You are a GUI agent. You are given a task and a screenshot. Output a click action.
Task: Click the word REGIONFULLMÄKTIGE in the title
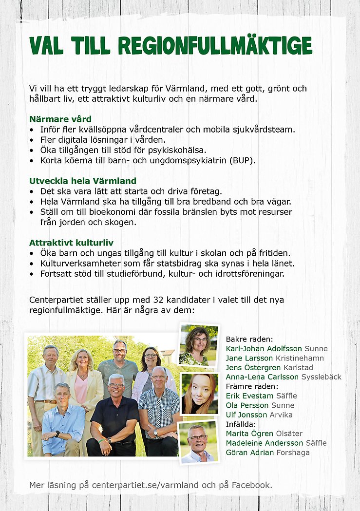click(x=215, y=46)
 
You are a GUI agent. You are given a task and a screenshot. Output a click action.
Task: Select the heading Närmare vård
click(x=60, y=119)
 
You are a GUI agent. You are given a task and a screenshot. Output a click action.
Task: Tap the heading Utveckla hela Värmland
click(x=82, y=181)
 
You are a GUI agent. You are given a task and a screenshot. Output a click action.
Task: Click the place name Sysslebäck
click(x=321, y=377)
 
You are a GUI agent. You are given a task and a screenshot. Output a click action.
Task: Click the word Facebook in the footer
click(x=250, y=485)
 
